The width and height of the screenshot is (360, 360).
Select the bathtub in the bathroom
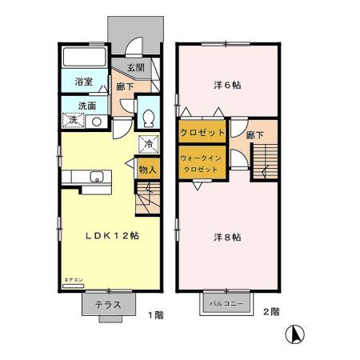[84, 58]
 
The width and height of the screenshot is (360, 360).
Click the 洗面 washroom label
[87, 106]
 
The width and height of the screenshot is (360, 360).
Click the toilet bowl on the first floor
[149, 118]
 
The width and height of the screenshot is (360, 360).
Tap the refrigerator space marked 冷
[148, 145]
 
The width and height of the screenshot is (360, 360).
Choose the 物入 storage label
[147, 169]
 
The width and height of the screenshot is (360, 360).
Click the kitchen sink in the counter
[98, 177]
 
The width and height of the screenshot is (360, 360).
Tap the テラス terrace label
[108, 304]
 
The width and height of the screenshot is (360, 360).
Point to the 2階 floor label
[270, 310]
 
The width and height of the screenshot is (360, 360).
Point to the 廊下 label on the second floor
[255, 135]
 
